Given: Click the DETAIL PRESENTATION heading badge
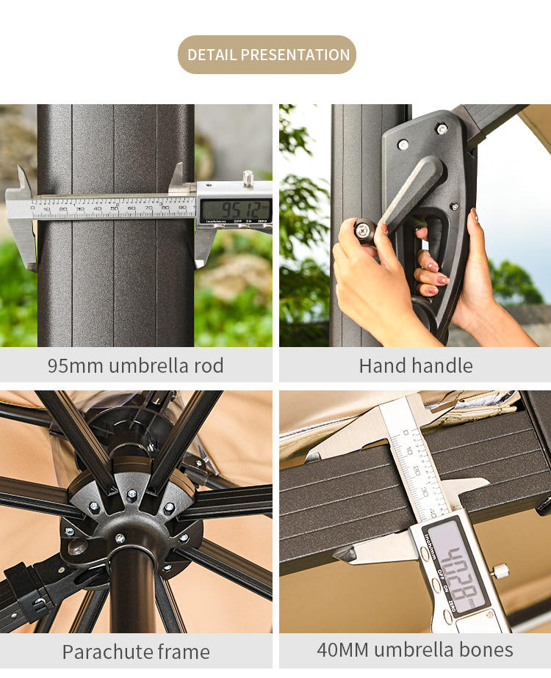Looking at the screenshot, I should pyautogui.click(x=267, y=55).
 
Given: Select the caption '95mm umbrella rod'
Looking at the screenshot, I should pyautogui.click(x=136, y=365).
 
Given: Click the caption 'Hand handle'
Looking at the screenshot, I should pyautogui.click(x=416, y=365).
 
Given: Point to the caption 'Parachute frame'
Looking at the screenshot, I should pyautogui.click(x=136, y=652).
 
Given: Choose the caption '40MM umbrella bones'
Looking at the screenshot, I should pyautogui.click(x=415, y=649).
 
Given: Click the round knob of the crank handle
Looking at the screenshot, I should pyautogui.click(x=363, y=230).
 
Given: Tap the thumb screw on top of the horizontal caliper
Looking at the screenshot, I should pyautogui.click(x=248, y=178).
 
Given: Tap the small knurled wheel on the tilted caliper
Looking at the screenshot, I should pyautogui.click(x=501, y=570).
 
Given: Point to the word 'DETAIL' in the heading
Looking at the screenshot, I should pyautogui.click(x=212, y=55).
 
